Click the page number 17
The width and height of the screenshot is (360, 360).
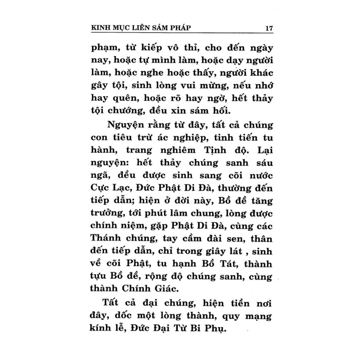click(x=269, y=28)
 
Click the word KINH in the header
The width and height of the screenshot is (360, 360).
click(x=100, y=28)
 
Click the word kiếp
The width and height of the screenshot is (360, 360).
click(x=150, y=48)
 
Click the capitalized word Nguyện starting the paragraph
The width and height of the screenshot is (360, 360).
click(x=123, y=126)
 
